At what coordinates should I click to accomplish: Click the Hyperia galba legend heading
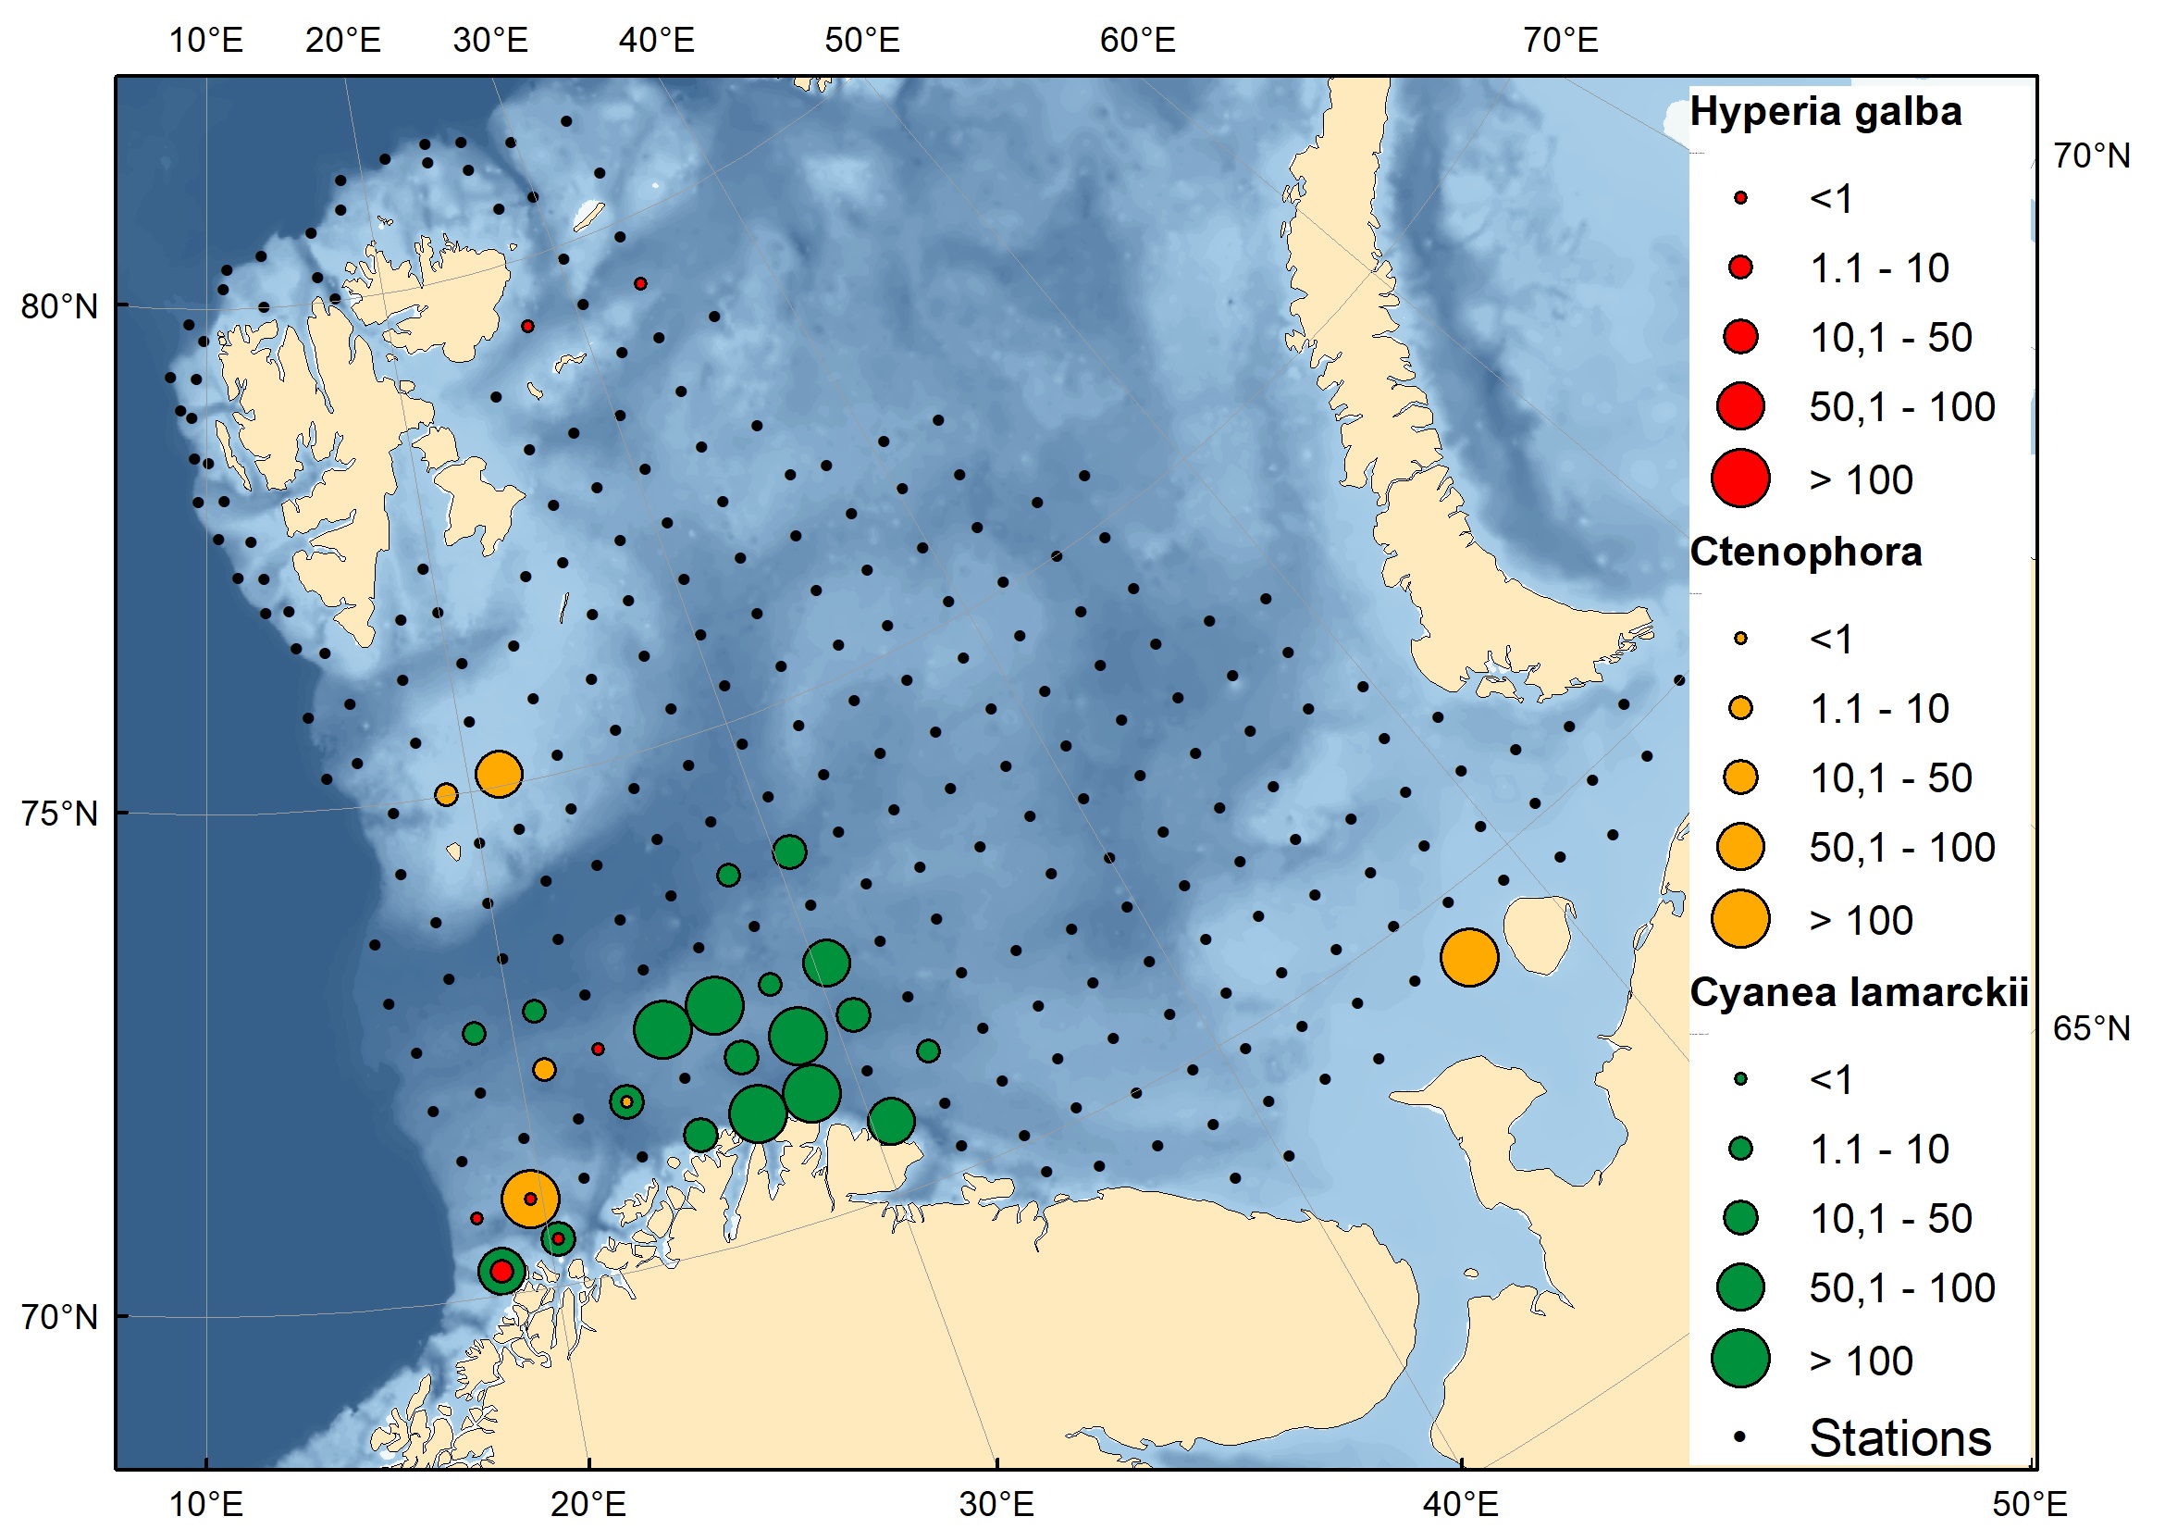[1825, 112]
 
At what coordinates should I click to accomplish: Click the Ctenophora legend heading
[1805, 553]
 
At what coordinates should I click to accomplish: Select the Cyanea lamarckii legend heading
[1859, 993]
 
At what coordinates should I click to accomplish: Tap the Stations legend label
[1900, 1439]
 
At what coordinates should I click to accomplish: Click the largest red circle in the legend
[1740, 479]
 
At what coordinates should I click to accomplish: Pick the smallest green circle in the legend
[1740, 1080]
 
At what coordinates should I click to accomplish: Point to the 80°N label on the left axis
[59, 307]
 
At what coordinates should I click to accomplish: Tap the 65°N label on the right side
[2092, 1029]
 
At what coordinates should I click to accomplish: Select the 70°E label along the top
[1561, 41]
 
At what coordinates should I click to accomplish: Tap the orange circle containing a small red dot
[531, 1200]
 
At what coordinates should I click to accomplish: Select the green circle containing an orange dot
[627, 1101]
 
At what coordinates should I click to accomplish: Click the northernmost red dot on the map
[640, 284]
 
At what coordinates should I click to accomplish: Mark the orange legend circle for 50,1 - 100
[1740, 847]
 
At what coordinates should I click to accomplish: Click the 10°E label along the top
[205, 41]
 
